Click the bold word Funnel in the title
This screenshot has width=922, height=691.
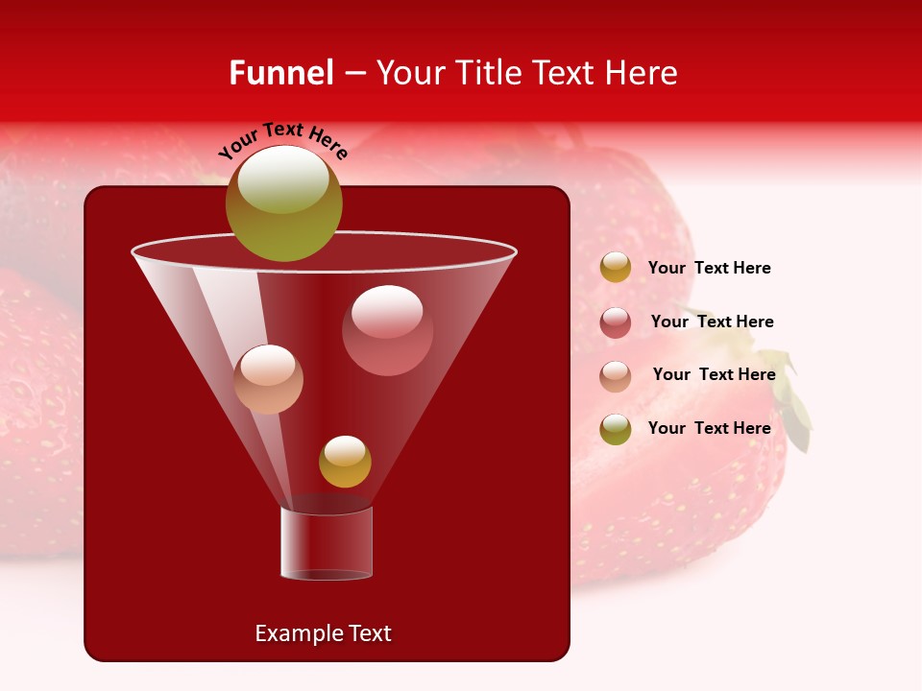tap(281, 73)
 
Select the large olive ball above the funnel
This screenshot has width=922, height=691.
tap(283, 203)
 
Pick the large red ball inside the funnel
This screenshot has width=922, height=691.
tap(387, 329)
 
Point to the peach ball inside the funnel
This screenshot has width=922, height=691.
tap(268, 379)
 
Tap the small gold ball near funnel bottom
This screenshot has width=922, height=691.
tap(345, 462)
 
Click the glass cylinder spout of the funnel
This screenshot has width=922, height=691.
tap(327, 542)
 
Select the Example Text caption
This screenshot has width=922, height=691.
tap(323, 633)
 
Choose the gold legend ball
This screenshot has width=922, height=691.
tap(616, 268)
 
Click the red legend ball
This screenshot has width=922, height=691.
tap(616, 322)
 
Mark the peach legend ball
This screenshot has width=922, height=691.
tap(616, 376)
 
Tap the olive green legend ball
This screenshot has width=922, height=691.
tap(616, 429)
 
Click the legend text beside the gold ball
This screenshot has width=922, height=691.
tap(709, 269)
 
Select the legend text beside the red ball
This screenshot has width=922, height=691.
tap(712, 322)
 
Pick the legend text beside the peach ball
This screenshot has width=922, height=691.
tap(714, 375)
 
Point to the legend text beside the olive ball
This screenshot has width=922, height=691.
tap(709, 428)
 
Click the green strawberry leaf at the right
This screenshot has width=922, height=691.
tap(795, 403)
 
